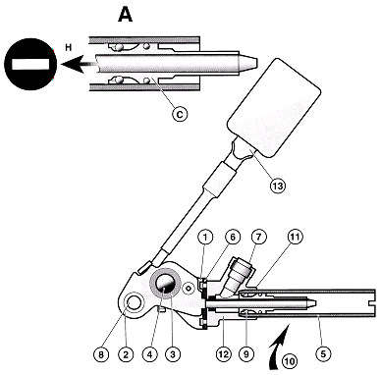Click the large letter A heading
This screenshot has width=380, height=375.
point(126,15)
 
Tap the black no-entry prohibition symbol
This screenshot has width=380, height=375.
point(30,64)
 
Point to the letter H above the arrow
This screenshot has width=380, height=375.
point(68,48)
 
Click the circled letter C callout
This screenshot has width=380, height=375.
point(180,114)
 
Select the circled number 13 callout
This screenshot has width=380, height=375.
point(278,186)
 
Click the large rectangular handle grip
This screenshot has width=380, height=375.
point(274,108)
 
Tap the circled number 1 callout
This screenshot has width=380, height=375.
point(205,237)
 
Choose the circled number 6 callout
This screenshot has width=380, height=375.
point(233,237)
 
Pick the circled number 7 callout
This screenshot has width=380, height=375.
point(259,237)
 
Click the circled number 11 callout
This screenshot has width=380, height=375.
point(296,237)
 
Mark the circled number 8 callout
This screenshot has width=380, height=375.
point(101,354)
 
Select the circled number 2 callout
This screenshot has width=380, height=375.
point(126,354)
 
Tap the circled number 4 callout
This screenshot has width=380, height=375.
point(150,354)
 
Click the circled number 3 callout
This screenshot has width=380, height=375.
point(173,354)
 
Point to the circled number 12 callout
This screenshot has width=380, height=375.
point(224,354)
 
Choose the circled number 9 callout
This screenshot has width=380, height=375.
point(247,354)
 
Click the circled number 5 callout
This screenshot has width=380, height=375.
point(324,354)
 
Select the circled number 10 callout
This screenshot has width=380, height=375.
point(290,361)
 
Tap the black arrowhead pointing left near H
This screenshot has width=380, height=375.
point(71,64)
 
